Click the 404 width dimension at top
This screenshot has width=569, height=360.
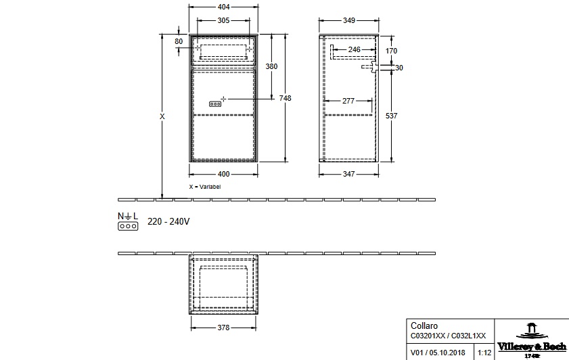(223, 7)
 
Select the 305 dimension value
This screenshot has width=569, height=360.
(223, 21)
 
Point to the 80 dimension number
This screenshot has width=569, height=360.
(179, 41)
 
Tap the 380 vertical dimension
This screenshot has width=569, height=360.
(271, 66)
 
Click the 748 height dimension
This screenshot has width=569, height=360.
(286, 98)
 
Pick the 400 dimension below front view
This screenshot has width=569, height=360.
(223, 174)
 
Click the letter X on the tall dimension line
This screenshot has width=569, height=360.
(162, 116)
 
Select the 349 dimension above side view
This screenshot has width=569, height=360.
(349, 21)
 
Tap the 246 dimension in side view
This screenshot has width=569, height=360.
(354, 49)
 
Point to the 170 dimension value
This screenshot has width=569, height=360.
(391, 51)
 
